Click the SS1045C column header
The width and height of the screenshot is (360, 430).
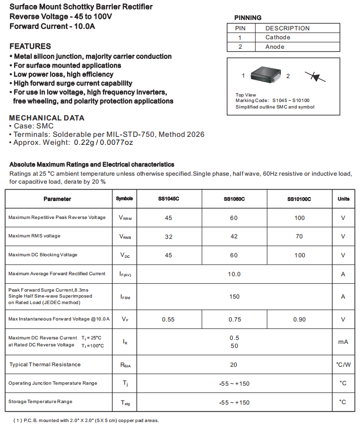[169, 199]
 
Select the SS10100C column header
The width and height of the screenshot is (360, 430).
[299, 199]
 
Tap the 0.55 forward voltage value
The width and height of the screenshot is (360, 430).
[169, 320]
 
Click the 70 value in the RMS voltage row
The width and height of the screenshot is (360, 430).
[299, 236]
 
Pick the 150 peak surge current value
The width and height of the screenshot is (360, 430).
[234, 297]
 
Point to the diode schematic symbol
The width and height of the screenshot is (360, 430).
[315, 76]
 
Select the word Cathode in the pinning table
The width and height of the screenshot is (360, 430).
[277, 37]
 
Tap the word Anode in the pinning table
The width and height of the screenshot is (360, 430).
[275, 47]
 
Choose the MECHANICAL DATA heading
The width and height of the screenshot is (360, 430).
[47, 118]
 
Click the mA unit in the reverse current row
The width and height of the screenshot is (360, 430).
[343, 342]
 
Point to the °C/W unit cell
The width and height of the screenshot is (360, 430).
[343, 365]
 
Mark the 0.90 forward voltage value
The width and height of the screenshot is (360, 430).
[299, 320]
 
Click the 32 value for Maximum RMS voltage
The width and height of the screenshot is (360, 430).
[169, 236]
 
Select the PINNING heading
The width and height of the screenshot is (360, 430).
[248, 18]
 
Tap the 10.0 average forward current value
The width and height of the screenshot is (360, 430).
[234, 274]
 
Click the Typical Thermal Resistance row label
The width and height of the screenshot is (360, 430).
[45, 365]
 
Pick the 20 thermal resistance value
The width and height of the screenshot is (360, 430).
[234, 365]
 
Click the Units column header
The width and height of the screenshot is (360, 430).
[343, 199]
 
